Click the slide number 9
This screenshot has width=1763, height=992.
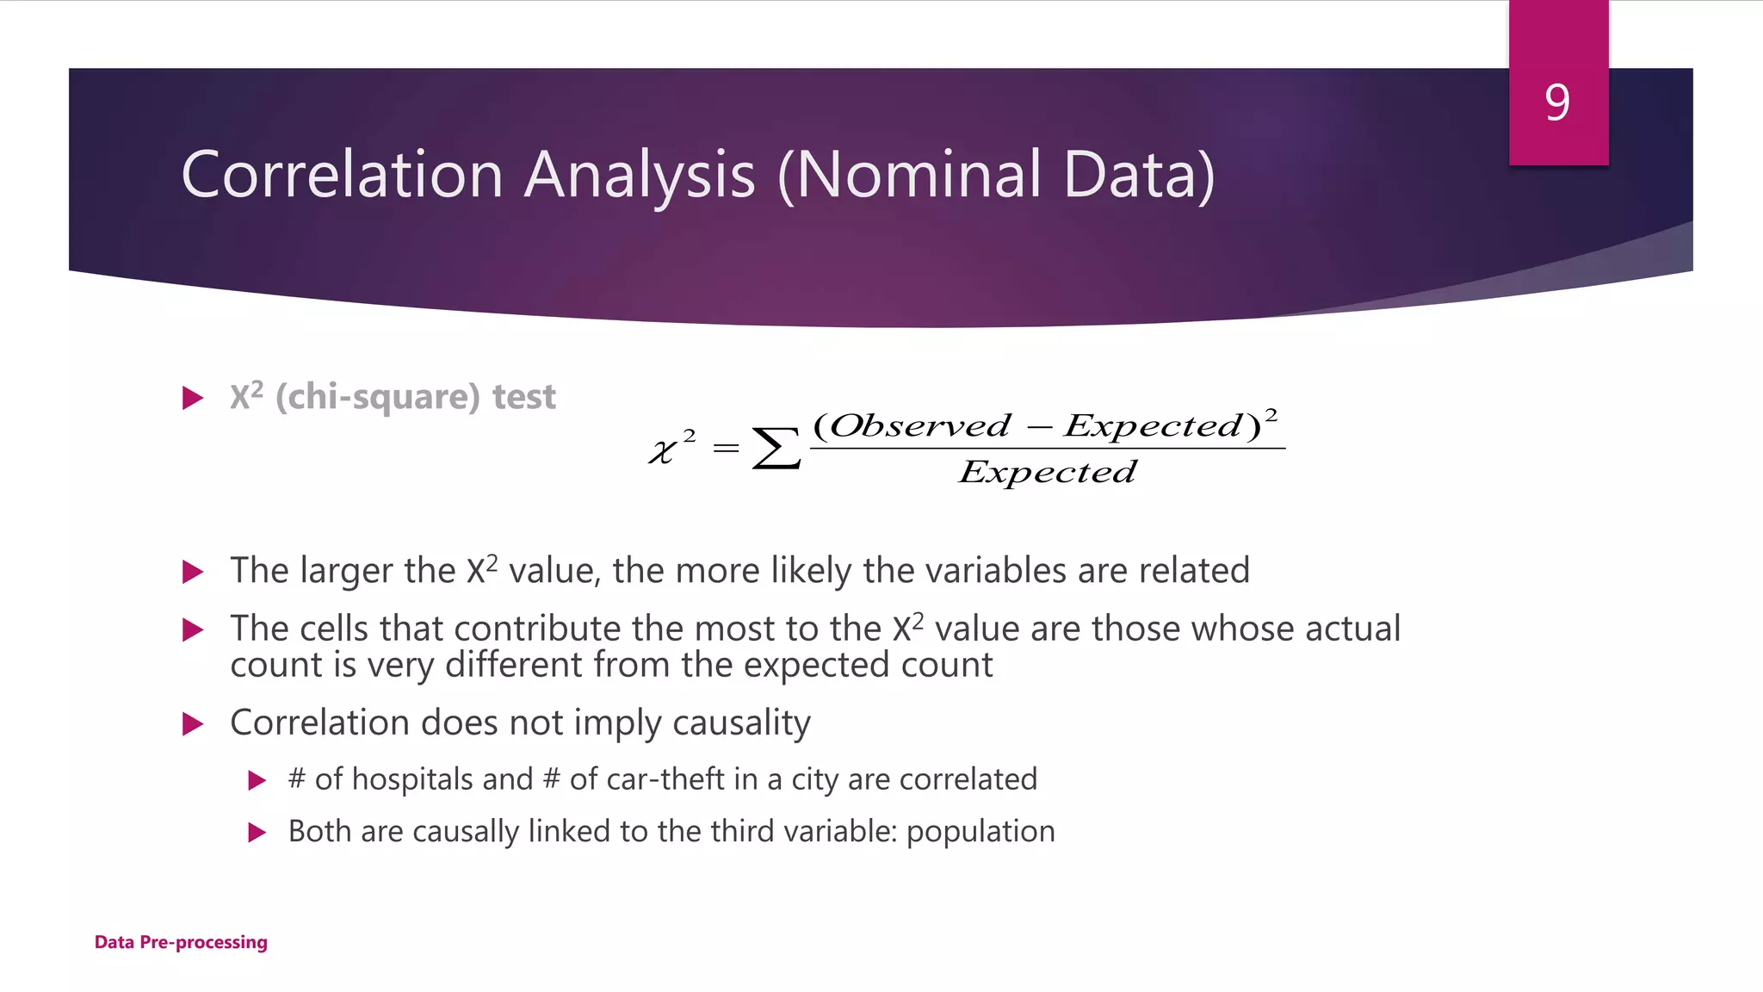click(1557, 103)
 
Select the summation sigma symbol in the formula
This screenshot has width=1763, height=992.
click(776, 449)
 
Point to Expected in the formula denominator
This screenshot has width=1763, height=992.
click(1048, 472)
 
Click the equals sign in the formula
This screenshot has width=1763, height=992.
click(726, 448)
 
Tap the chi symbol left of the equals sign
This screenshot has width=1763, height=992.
click(663, 451)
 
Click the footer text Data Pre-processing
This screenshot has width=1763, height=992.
click(181, 942)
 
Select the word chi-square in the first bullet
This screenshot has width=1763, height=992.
click(377, 397)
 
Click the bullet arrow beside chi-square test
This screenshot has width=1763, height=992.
click(193, 398)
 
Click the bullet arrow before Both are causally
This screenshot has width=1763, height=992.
click(257, 832)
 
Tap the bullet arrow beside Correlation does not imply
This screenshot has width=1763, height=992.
click(193, 723)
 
